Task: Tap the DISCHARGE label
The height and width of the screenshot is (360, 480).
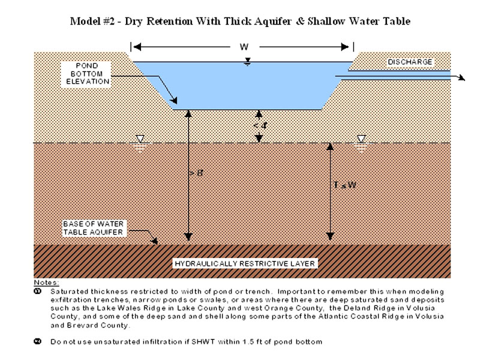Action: [x=409, y=62]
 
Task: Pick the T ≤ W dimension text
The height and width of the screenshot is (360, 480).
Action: [x=344, y=185]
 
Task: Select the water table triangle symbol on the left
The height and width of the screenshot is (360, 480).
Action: [x=139, y=140]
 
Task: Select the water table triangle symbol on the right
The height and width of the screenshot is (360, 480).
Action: [x=361, y=140]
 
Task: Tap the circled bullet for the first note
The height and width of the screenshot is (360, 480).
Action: [x=38, y=289]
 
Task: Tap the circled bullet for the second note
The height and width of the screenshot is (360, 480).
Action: [x=38, y=341]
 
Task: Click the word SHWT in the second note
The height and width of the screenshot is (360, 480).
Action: [x=223, y=341]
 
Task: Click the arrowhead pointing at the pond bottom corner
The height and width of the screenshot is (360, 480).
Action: [x=175, y=100]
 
